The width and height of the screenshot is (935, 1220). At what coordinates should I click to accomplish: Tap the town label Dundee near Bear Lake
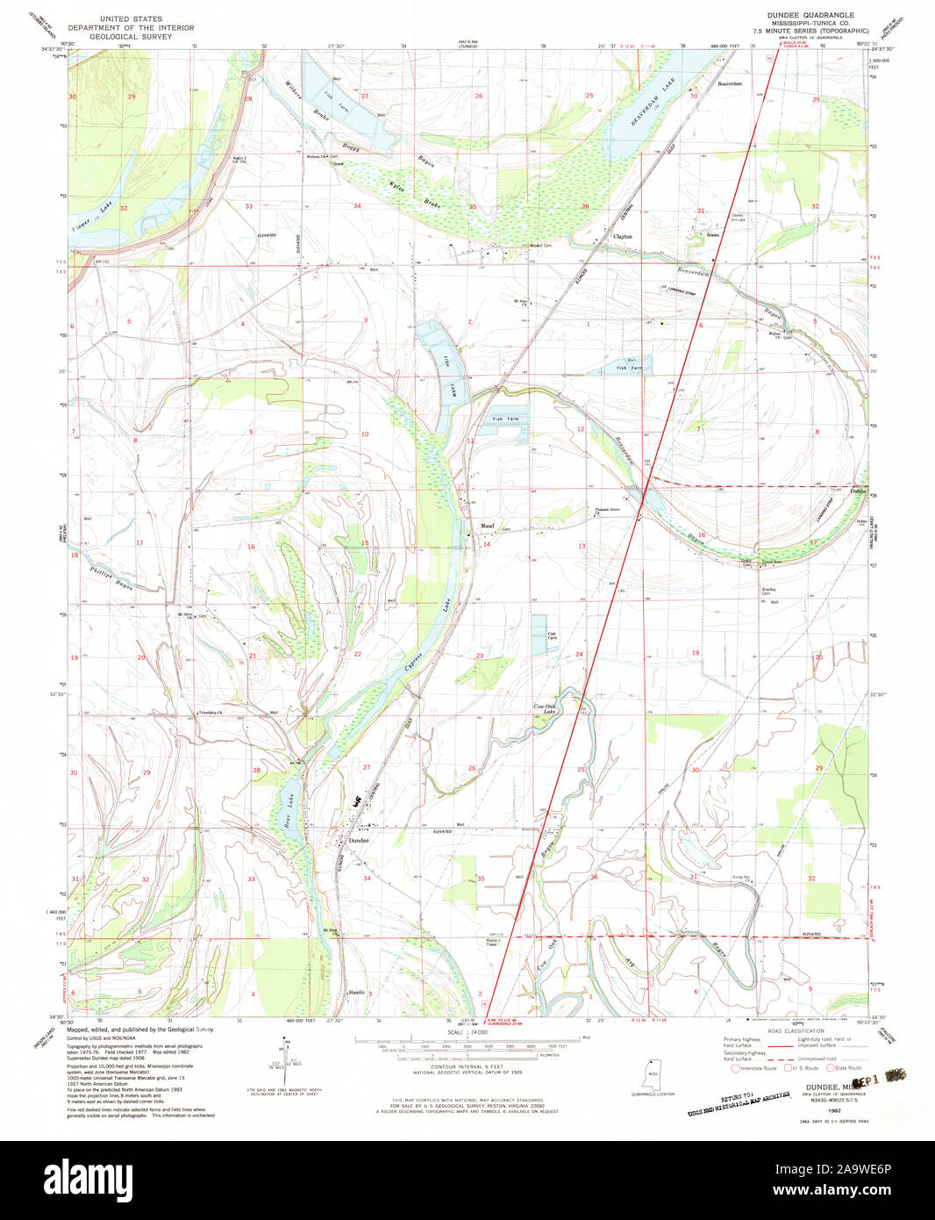point(360,841)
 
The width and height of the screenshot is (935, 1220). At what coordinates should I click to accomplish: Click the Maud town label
point(486,527)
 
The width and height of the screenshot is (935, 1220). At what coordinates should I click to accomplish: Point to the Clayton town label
point(622,237)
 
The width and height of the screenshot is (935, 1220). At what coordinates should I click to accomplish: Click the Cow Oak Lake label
point(545,709)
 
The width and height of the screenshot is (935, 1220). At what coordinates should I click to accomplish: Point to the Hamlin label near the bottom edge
point(356,992)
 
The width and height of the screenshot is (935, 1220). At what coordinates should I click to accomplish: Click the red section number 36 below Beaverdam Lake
point(585,206)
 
